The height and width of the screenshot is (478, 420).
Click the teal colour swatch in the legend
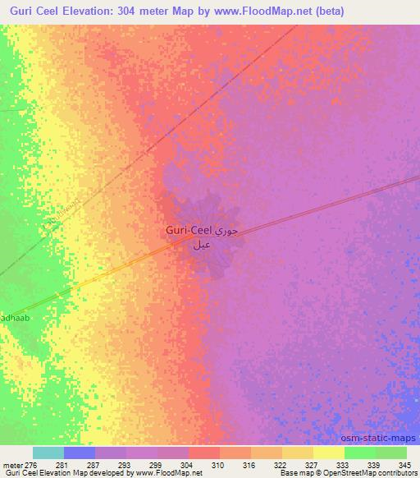(x=48, y=453)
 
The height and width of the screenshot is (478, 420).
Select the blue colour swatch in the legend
(x=80, y=453)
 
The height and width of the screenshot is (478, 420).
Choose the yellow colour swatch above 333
(x=329, y=453)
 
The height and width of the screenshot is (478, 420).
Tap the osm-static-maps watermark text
(x=383, y=439)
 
